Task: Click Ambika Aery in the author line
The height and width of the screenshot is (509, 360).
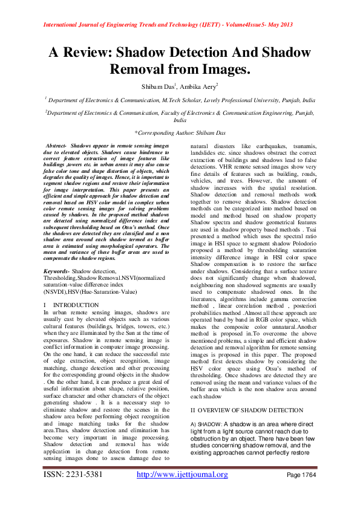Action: tap(202, 86)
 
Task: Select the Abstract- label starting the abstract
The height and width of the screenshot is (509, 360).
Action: tap(57, 146)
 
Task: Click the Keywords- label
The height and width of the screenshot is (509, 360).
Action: tap(56, 272)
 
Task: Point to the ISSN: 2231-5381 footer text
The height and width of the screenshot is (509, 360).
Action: tap(73, 475)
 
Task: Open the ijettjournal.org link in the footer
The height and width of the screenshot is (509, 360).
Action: tap(182, 475)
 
